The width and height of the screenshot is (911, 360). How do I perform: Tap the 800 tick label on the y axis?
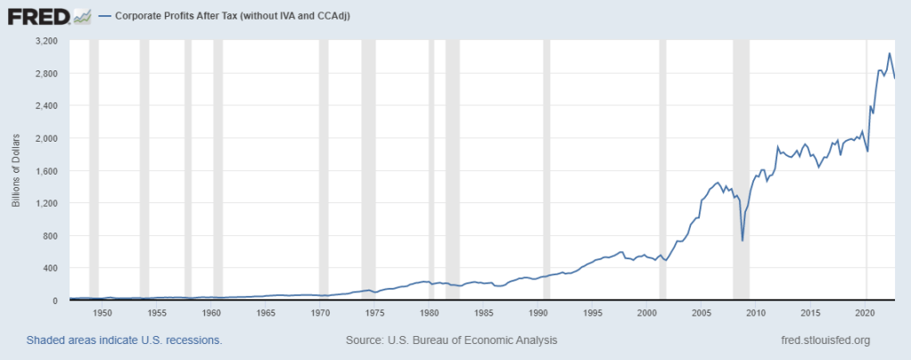tap(49, 235)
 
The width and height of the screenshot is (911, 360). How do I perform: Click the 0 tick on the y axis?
tap(54, 300)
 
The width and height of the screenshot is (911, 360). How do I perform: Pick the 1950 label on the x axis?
tap(103, 313)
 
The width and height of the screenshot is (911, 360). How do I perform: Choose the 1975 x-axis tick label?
tap(374, 313)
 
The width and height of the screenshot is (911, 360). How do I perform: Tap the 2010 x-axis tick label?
tap(756, 313)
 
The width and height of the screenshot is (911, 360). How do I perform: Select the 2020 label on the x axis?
tap(865, 313)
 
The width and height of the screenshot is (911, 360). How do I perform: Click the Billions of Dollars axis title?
tap(16, 171)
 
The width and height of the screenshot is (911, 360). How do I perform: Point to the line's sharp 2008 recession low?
tap(743, 240)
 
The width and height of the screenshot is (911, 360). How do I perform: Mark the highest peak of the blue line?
tap(889, 53)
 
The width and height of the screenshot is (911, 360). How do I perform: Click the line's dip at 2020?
tap(867, 151)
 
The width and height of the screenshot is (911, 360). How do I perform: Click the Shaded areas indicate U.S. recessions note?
tap(124, 340)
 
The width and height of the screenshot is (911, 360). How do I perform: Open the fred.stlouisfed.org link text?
tap(825, 340)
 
